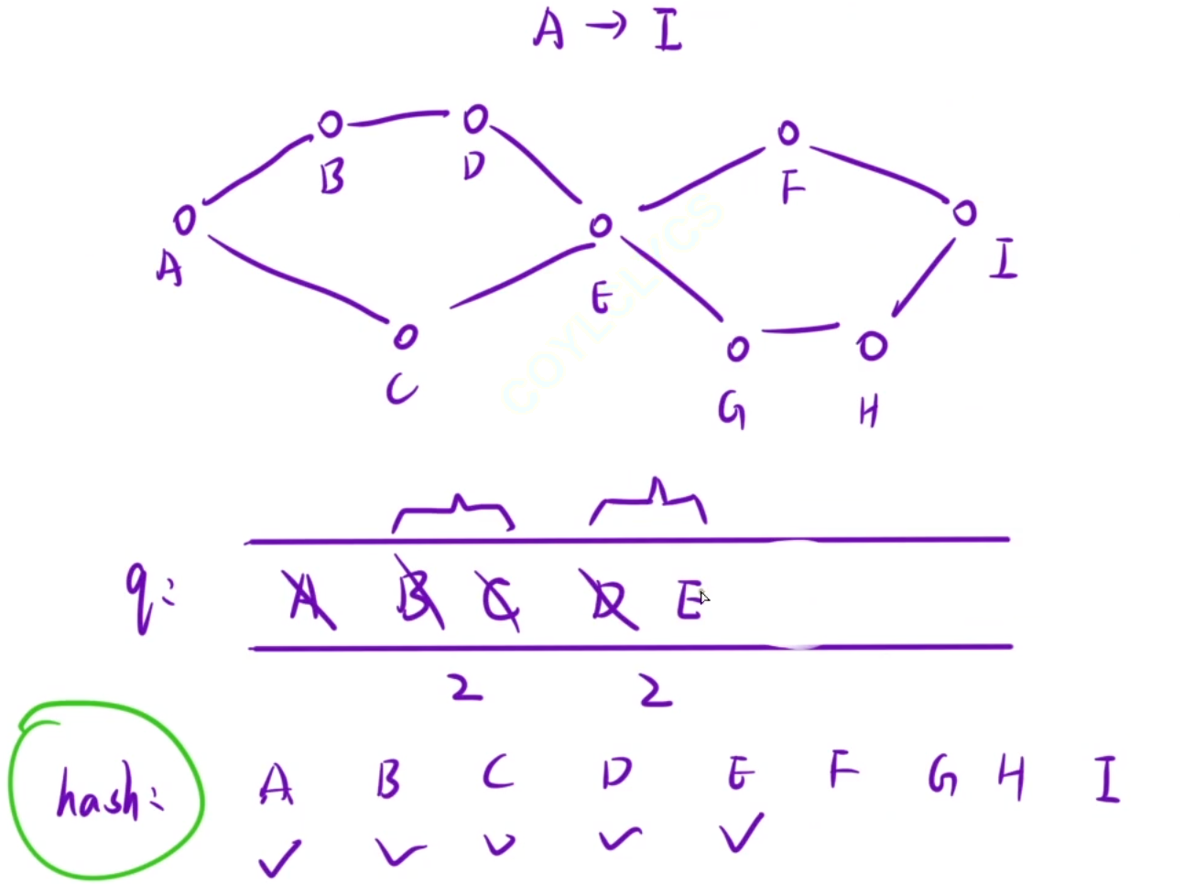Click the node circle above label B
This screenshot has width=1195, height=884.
pyautogui.click(x=330, y=124)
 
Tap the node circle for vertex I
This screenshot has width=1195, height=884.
pyautogui.click(x=964, y=213)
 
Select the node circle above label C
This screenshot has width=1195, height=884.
pyautogui.click(x=405, y=337)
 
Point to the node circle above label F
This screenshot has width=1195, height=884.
pyautogui.click(x=788, y=134)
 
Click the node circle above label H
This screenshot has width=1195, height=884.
pyautogui.click(x=872, y=346)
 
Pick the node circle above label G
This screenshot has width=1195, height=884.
pyautogui.click(x=737, y=349)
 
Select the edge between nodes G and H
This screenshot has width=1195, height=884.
pyautogui.click(x=800, y=328)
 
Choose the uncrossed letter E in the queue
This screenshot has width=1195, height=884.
pyautogui.click(x=689, y=600)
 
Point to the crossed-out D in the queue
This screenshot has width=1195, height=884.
pyautogui.click(x=609, y=600)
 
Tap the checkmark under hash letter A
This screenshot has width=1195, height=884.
pyautogui.click(x=278, y=857)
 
